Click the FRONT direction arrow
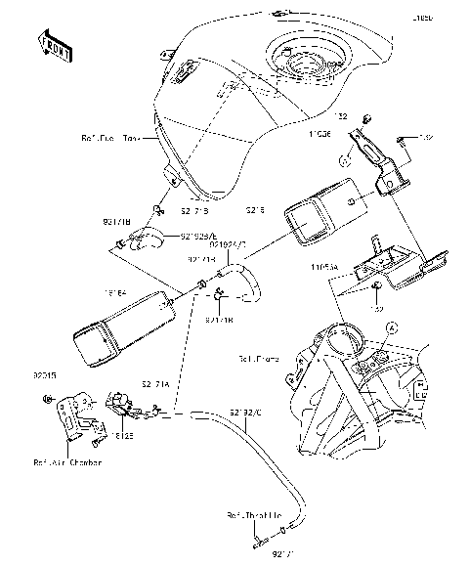click(x=53, y=46)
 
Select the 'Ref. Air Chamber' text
click(x=66, y=462)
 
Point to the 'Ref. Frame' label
click(x=259, y=360)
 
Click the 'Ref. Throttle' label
click(x=250, y=513)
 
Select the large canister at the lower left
click(x=114, y=327)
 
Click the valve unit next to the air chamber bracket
click(x=122, y=402)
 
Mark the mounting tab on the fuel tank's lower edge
click(x=170, y=177)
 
